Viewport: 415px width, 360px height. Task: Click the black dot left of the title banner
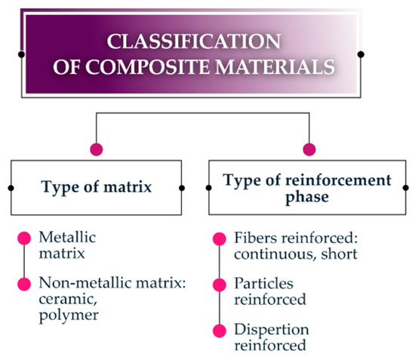22,54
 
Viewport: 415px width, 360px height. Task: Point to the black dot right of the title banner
361,54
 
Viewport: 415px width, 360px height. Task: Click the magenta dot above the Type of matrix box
95,148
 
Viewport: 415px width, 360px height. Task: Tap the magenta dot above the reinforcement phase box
308,148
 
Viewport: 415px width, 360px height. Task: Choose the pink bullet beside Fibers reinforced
220,238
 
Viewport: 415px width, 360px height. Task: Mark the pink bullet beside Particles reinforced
220,285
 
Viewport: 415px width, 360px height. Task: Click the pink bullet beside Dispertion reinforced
220,331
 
